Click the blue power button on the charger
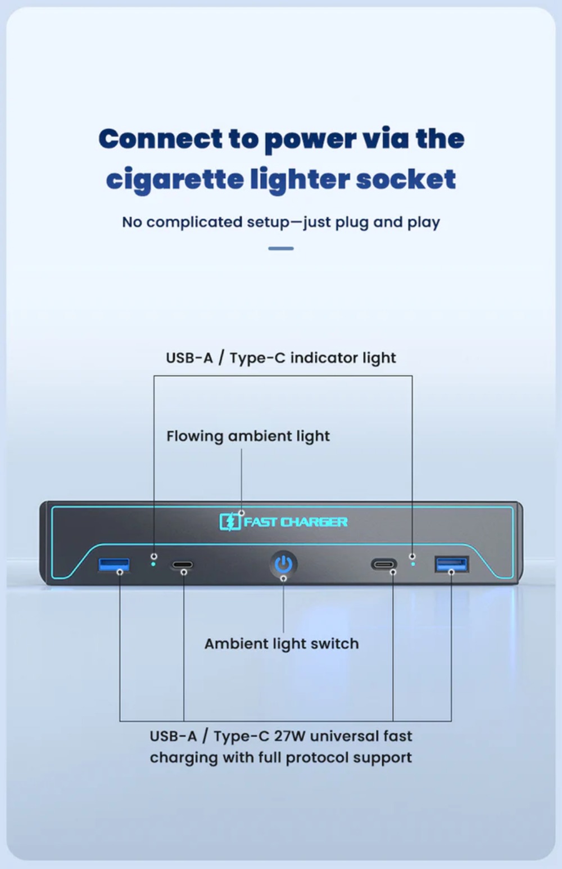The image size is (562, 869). (x=284, y=564)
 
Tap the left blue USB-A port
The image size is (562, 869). (x=114, y=565)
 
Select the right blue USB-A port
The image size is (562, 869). (x=452, y=564)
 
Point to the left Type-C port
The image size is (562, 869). (x=183, y=565)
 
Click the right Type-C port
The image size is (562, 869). (x=384, y=563)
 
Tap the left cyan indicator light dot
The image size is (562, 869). (x=153, y=564)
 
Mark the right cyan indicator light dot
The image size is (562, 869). (x=413, y=563)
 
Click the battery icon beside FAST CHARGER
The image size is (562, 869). (x=230, y=522)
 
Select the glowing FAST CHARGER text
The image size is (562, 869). (x=296, y=522)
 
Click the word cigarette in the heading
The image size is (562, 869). (x=175, y=180)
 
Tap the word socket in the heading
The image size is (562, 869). (x=406, y=179)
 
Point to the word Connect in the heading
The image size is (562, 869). (x=160, y=139)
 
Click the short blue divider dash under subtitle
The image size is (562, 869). (x=281, y=248)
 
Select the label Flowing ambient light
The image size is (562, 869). (x=248, y=436)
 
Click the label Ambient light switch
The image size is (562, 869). (x=282, y=644)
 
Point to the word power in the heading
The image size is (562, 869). (x=310, y=140)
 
